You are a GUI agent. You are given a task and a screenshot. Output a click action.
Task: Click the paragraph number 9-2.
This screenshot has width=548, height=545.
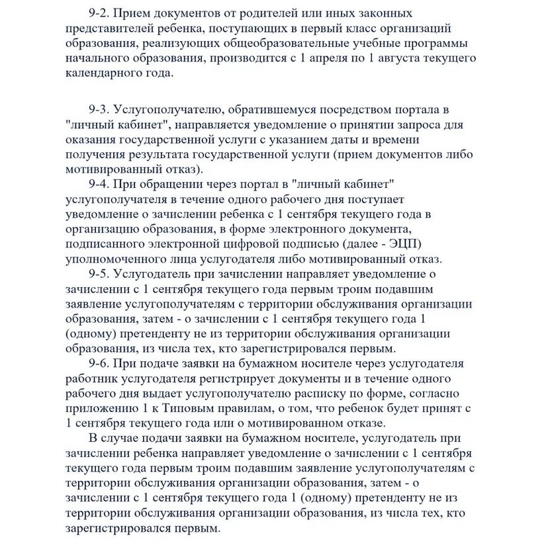(x=99, y=13)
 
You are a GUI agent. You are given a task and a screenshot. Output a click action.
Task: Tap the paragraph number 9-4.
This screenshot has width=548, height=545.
(x=99, y=183)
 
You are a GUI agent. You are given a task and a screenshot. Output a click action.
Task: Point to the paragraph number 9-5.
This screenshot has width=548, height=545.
(x=99, y=273)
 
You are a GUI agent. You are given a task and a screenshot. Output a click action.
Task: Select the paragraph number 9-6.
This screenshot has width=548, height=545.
(x=99, y=363)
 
